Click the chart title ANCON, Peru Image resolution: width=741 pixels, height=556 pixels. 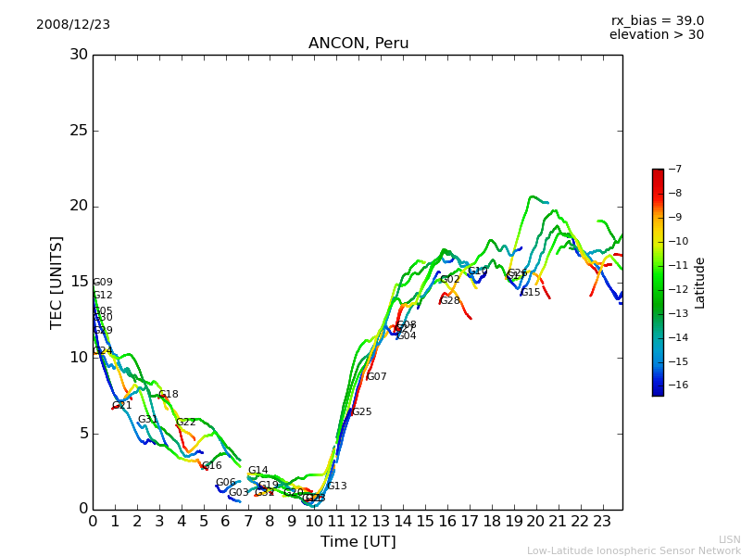358,44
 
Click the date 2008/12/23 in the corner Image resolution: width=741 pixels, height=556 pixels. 73,25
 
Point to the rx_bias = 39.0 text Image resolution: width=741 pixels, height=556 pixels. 657,21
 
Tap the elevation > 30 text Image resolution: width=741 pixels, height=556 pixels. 656,35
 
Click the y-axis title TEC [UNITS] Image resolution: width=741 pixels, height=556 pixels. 57,282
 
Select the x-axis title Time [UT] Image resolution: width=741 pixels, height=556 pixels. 358,542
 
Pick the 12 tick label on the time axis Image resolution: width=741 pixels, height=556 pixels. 358,522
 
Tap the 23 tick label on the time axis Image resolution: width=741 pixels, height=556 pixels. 601,522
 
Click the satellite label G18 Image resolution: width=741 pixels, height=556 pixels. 169,395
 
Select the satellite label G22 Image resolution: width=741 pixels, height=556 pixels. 186,423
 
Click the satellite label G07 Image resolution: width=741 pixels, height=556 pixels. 377,377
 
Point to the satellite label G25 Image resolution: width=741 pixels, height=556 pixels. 361,412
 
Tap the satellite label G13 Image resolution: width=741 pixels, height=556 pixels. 337,486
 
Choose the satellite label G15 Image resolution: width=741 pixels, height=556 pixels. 531,293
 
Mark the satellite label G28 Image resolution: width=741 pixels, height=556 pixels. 450,301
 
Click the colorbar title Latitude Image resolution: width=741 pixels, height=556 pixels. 700,283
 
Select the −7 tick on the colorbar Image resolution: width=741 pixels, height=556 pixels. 674,170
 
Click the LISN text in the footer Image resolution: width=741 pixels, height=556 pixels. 730,539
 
